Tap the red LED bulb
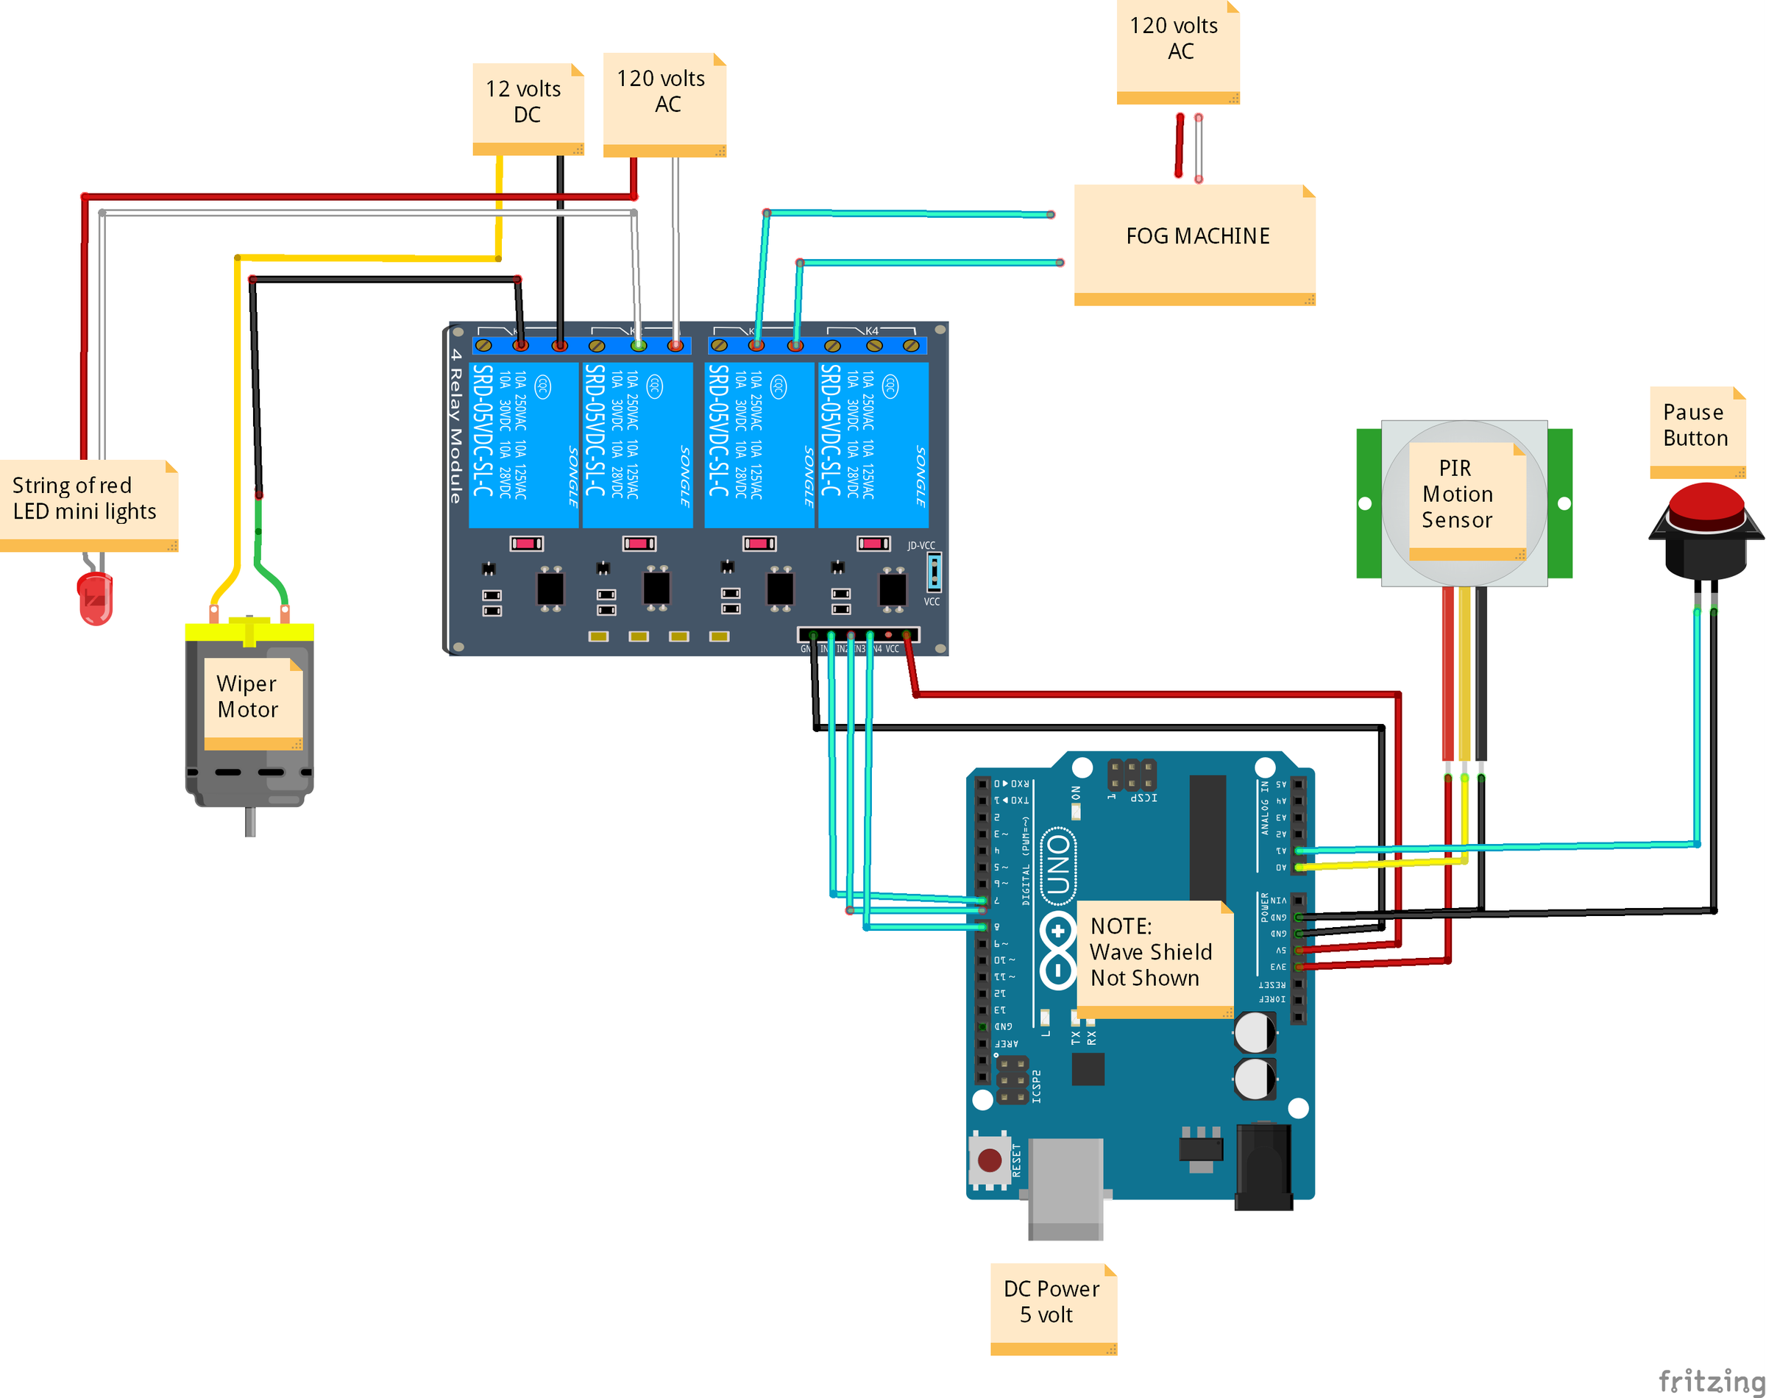pos(95,597)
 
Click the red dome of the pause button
pos(1706,505)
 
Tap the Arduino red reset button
pos(990,1159)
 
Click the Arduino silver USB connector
pos(1065,1187)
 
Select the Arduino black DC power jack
pos(1263,1165)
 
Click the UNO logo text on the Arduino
pos(1058,865)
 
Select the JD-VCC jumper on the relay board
pos(934,570)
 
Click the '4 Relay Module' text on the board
pos(455,425)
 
